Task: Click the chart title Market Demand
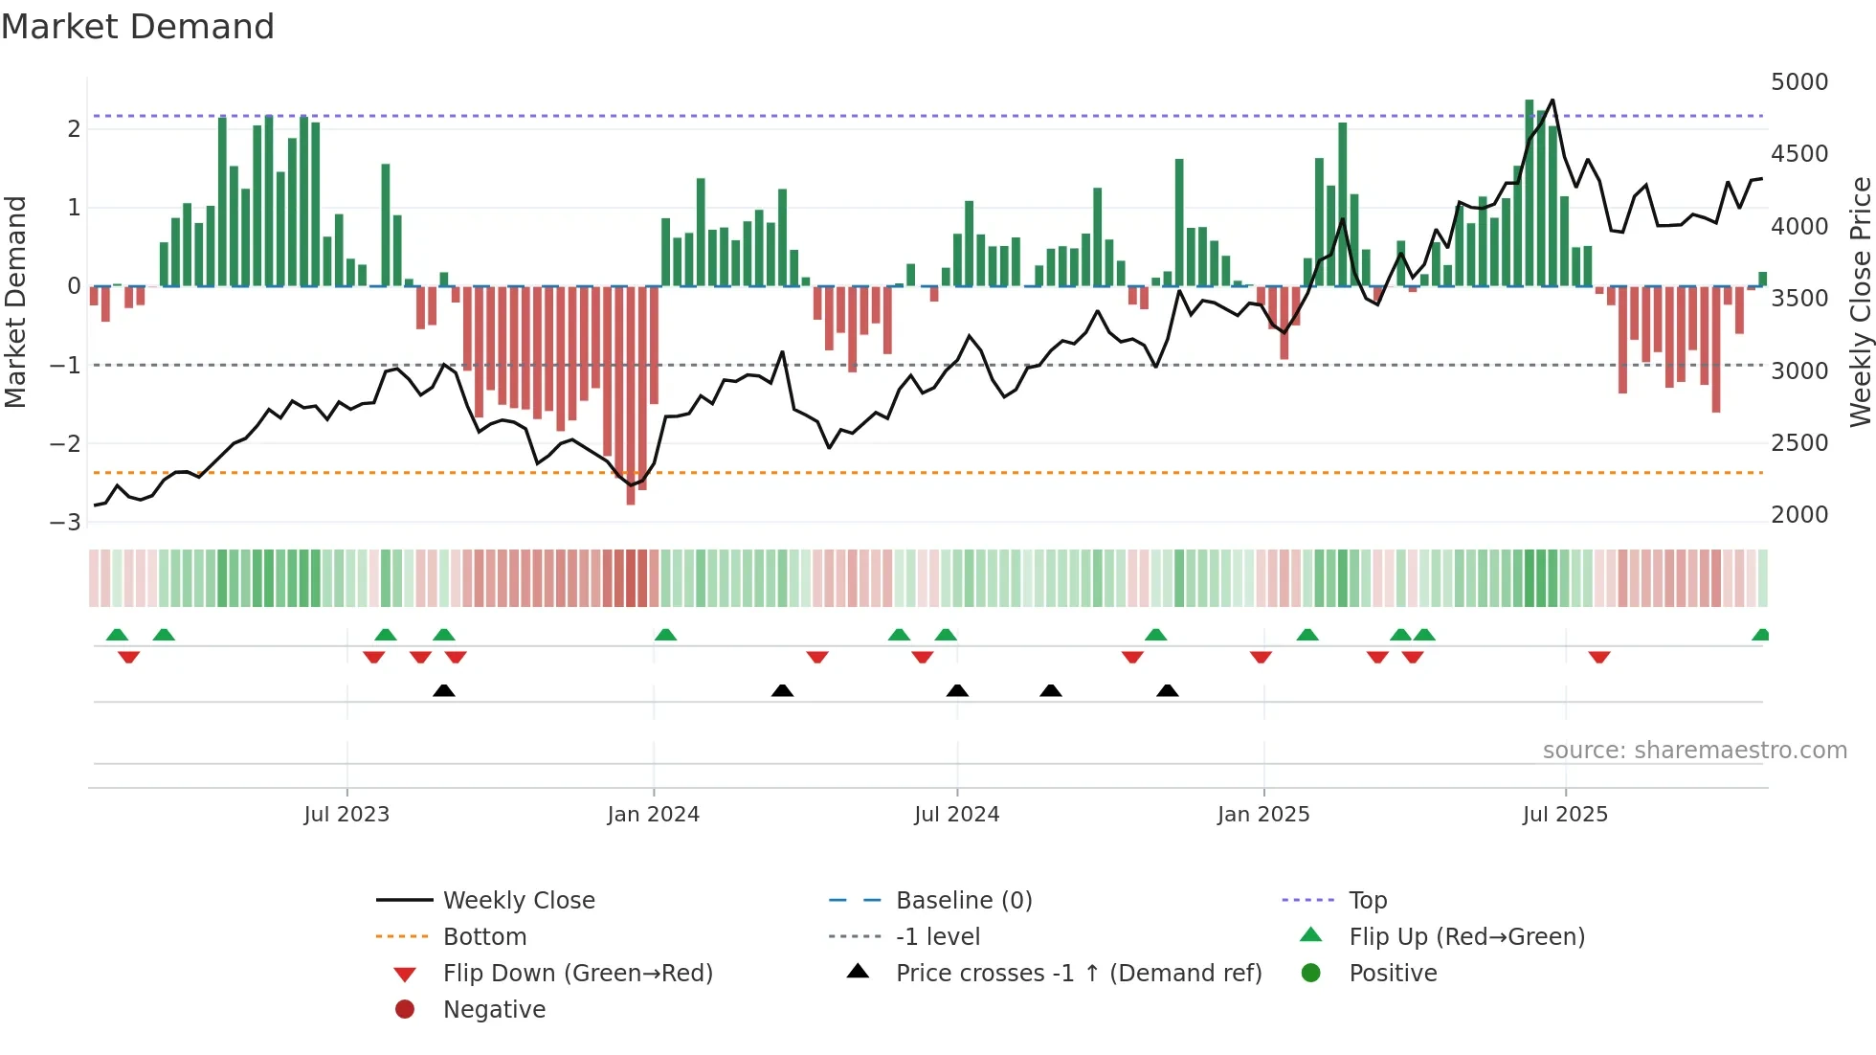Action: pyautogui.click(x=138, y=27)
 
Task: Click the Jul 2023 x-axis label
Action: pyautogui.click(x=346, y=815)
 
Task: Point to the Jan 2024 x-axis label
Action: pyautogui.click(x=653, y=815)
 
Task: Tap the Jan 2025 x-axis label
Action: pyautogui.click(x=1262, y=815)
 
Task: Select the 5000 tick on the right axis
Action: pyautogui.click(x=1798, y=82)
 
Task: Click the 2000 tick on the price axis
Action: pyautogui.click(x=1798, y=515)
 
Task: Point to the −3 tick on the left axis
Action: pyautogui.click(x=65, y=523)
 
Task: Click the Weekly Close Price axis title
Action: pyautogui.click(x=1860, y=302)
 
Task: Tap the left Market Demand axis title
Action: pyautogui.click(x=16, y=302)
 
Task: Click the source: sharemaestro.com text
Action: pyautogui.click(x=1694, y=751)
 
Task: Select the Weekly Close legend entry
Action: pyautogui.click(x=518, y=901)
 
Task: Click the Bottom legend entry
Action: pyautogui.click(x=484, y=937)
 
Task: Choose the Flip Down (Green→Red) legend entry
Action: pyautogui.click(x=577, y=974)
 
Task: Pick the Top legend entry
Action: pyautogui.click(x=1367, y=901)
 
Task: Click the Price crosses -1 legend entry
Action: pyautogui.click(x=1078, y=974)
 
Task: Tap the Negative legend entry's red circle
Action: pyautogui.click(x=405, y=1010)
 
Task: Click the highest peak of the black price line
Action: pyautogui.click(x=1552, y=101)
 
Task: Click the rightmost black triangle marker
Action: pyautogui.click(x=1167, y=691)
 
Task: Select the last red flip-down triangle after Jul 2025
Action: pyautogui.click(x=1598, y=657)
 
